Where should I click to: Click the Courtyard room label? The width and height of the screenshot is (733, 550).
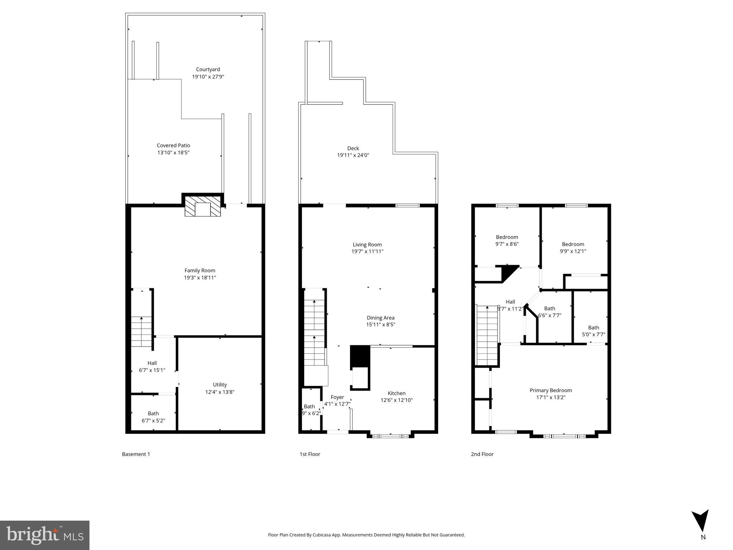tap(208, 69)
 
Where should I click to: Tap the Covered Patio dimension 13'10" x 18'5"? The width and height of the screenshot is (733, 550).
tap(174, 153)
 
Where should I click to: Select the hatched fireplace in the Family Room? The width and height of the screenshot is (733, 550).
tap(203, 206)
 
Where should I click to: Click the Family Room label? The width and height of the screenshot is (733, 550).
tap(200, 271)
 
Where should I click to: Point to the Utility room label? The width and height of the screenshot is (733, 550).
tap(220, 385)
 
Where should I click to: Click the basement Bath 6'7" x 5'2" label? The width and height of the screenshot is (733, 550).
tap(153, 417)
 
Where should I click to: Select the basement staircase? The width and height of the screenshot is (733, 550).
tap(141, 332)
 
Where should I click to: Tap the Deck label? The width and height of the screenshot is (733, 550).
tap(353, 148)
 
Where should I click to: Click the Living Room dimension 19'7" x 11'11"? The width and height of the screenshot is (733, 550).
tap(367, 251)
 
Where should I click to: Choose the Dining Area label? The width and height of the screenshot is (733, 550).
tap(380, 318)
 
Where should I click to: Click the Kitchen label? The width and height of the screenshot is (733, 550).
tap(397, 393)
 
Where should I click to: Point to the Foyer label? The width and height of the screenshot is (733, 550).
tap(337, 397)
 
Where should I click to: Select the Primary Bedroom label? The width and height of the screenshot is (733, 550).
tap(550, 390)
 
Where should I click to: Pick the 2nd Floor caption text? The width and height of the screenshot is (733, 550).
tap(482, 454)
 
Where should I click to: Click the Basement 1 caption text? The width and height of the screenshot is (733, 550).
tap(136, 454)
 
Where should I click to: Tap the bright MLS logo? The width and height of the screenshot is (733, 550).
tap(45, 535)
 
